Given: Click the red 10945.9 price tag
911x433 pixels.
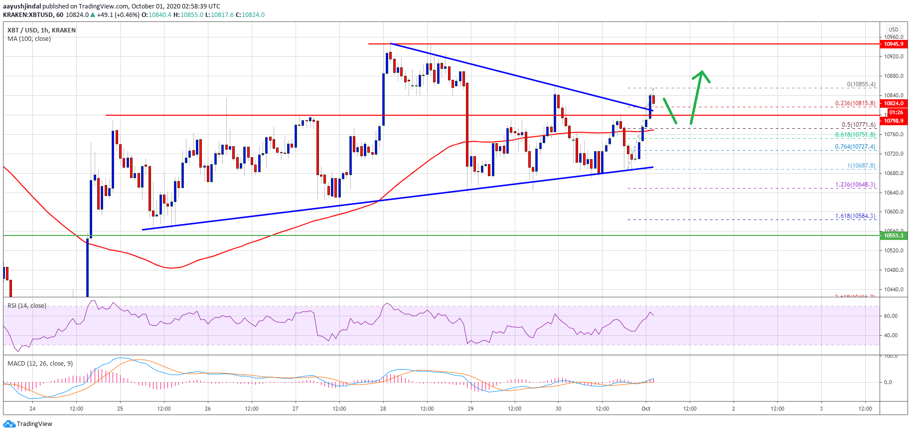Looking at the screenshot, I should click(894, 44).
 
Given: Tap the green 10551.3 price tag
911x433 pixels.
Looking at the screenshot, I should click(894, 235).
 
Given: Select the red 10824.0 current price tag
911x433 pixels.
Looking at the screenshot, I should click(894, 104).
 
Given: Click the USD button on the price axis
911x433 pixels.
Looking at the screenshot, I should click(894, 29).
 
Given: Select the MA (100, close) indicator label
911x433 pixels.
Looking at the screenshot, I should click(29, 39).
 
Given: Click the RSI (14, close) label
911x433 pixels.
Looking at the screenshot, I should click(27, 306).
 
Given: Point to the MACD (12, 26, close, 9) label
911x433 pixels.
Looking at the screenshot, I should click(40, 364).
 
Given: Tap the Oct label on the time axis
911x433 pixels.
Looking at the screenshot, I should click(646, 409).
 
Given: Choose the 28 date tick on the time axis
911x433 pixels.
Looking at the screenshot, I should click(383, 409).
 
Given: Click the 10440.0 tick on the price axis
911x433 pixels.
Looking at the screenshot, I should click(894, 290).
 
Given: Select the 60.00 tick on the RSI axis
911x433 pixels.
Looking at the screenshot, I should click(891, 316).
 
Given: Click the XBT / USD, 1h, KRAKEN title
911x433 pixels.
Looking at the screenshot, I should click(41, 30).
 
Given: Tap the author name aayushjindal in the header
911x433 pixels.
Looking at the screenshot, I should click(22, 6).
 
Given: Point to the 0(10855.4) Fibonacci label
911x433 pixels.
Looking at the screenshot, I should click(861, 84).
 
